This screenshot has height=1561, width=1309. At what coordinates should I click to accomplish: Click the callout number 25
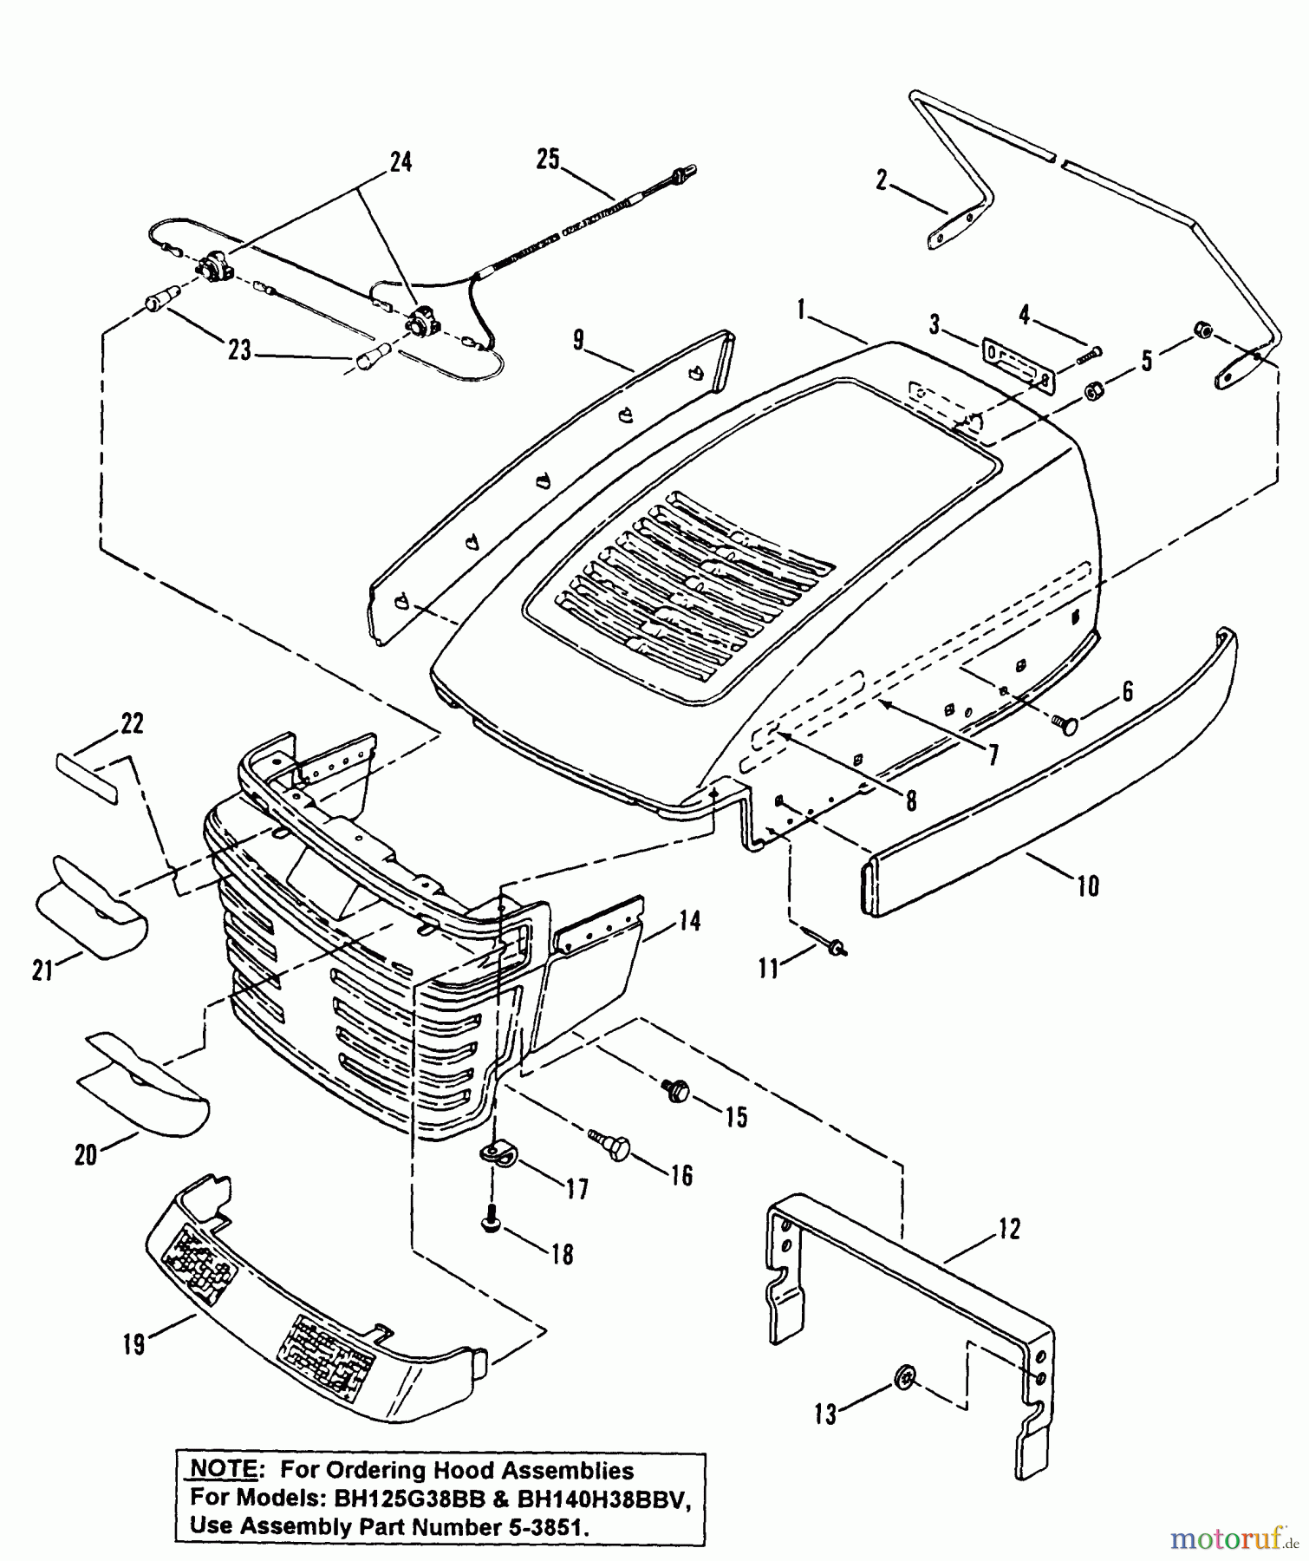[548, 160]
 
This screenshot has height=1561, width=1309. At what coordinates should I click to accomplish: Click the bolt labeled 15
[675, 1090]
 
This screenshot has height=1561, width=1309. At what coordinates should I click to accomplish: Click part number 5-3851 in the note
[537, 1527]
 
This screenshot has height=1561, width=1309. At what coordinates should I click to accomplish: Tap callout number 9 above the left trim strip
[578, 339]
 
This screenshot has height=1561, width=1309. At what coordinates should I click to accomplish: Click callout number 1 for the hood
[802, 308]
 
